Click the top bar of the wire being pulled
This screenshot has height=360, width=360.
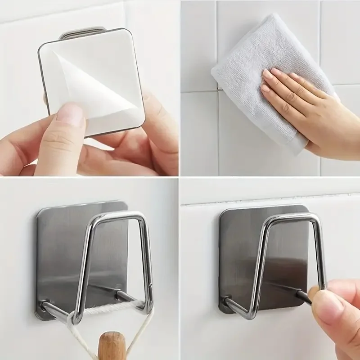click(x=292, y=217)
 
